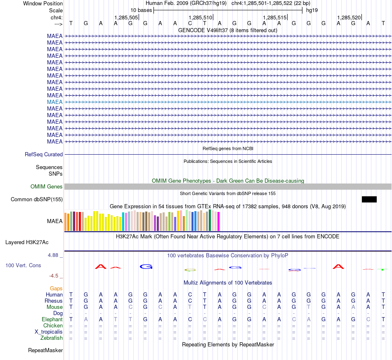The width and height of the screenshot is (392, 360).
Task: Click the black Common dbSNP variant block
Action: tap(369, 199)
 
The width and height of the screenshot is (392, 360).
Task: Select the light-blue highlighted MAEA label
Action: tap(55, 102)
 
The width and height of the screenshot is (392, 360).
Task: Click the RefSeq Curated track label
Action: tap(44, 154)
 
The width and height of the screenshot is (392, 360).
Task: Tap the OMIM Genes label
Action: tap(47, 187)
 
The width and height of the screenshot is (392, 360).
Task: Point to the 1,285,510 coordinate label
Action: tap(201, 17)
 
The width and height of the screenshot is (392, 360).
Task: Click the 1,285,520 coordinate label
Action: tap(349, 17)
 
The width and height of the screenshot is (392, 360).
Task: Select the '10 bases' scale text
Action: tap(141, 10)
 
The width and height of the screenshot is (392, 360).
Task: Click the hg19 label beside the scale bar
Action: tap(312, 10)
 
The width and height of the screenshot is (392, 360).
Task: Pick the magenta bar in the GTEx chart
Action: tap(219, 221)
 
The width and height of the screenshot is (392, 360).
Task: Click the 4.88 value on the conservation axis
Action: tap(53, 255)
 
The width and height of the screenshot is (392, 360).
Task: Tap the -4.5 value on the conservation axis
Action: tap(54, 276)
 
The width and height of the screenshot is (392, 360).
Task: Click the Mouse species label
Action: tap(54, 307)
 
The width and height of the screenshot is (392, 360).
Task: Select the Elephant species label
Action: tap(52, 320)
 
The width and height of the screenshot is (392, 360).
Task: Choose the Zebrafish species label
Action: tap(52, 338)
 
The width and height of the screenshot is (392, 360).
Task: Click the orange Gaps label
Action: tap(56, 289)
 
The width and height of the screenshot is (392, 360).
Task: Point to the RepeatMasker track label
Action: tap(45, 350)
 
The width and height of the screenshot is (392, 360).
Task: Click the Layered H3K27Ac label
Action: tap(27, 242)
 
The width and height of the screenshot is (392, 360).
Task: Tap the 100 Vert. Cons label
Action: tap(23, 265)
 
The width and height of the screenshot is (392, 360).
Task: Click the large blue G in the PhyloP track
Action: tap(146, 266)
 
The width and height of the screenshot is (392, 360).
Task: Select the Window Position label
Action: tap(43, 3)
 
